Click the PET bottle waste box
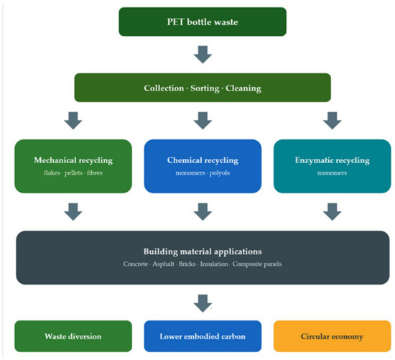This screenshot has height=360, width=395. coord(203,22)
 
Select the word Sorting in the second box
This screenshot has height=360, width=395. coord(205,88)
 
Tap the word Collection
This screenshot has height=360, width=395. coord(164,88)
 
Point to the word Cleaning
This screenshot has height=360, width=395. coord(243,88)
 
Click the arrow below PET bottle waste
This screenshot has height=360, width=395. coord(203,55)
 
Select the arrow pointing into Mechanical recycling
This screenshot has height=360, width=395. coord(73,121)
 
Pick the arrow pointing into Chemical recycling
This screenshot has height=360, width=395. coord(203,121)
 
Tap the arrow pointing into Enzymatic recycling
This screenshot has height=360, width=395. coord(333,121)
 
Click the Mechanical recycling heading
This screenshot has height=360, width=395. coord(73,160)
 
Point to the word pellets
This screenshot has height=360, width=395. coord(73,173)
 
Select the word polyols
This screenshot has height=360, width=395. coord(220,173)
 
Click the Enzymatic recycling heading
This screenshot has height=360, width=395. coord(333,160)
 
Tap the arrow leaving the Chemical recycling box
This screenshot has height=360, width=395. coord(203,212)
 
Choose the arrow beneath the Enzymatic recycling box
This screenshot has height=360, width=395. coord(333,212)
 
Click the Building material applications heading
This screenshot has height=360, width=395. coord(203,251)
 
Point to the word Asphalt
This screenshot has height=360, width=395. coord(163,264)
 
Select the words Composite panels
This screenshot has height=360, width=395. coord(257,264)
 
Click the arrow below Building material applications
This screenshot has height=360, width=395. coord(203,303)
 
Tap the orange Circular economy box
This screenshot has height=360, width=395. coord(332,336)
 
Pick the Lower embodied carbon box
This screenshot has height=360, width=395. coord(203,336)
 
